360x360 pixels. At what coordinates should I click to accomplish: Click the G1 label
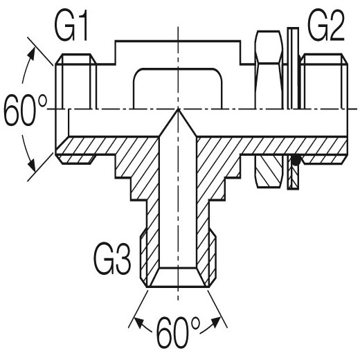pos(71,26)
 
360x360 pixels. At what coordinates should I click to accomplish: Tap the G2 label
pos(326,26)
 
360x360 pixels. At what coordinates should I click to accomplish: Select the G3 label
pos(112,259)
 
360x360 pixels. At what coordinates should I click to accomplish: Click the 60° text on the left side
pos(26,110)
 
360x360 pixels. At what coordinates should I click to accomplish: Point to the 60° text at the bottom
pos(178,332)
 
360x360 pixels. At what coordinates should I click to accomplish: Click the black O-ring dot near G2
pos(296,160)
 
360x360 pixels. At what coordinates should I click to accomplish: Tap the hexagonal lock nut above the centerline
pos(269,69)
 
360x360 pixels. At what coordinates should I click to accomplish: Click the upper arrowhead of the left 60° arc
pos(32,54)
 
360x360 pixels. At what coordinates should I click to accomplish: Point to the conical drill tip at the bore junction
pos(178,123)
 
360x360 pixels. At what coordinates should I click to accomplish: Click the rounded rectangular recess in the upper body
pos(178,89)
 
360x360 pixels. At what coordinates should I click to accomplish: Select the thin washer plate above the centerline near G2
pos(293,68)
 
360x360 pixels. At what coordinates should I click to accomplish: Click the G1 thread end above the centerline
pos(75,81)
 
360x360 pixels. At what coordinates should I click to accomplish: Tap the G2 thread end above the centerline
pos(324,81)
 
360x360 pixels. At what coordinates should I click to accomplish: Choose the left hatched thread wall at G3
pos(150,256)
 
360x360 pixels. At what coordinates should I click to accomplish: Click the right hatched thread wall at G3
pos(206,256)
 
